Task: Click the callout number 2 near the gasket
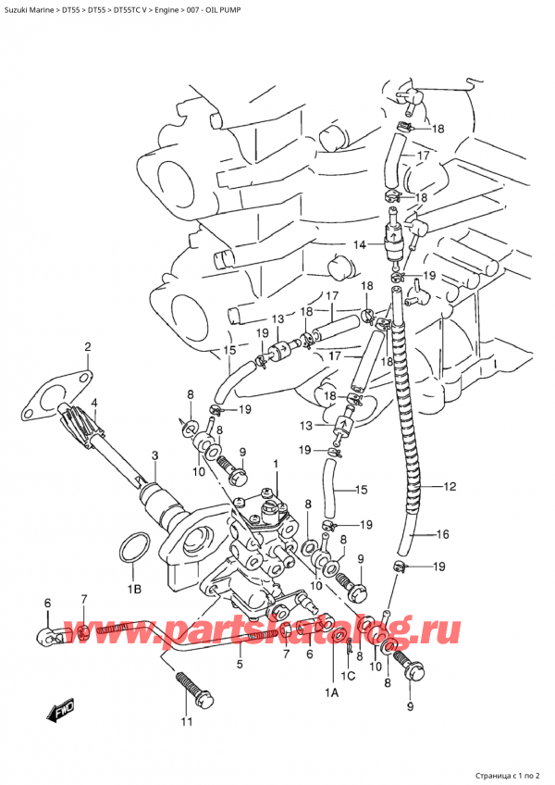[88, 347]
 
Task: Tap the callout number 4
[94, 403]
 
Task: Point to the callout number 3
[155, 455]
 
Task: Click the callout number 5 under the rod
[239, 663]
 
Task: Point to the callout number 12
[450, 486]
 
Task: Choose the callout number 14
[359, 244]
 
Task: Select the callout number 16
[442, 534]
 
